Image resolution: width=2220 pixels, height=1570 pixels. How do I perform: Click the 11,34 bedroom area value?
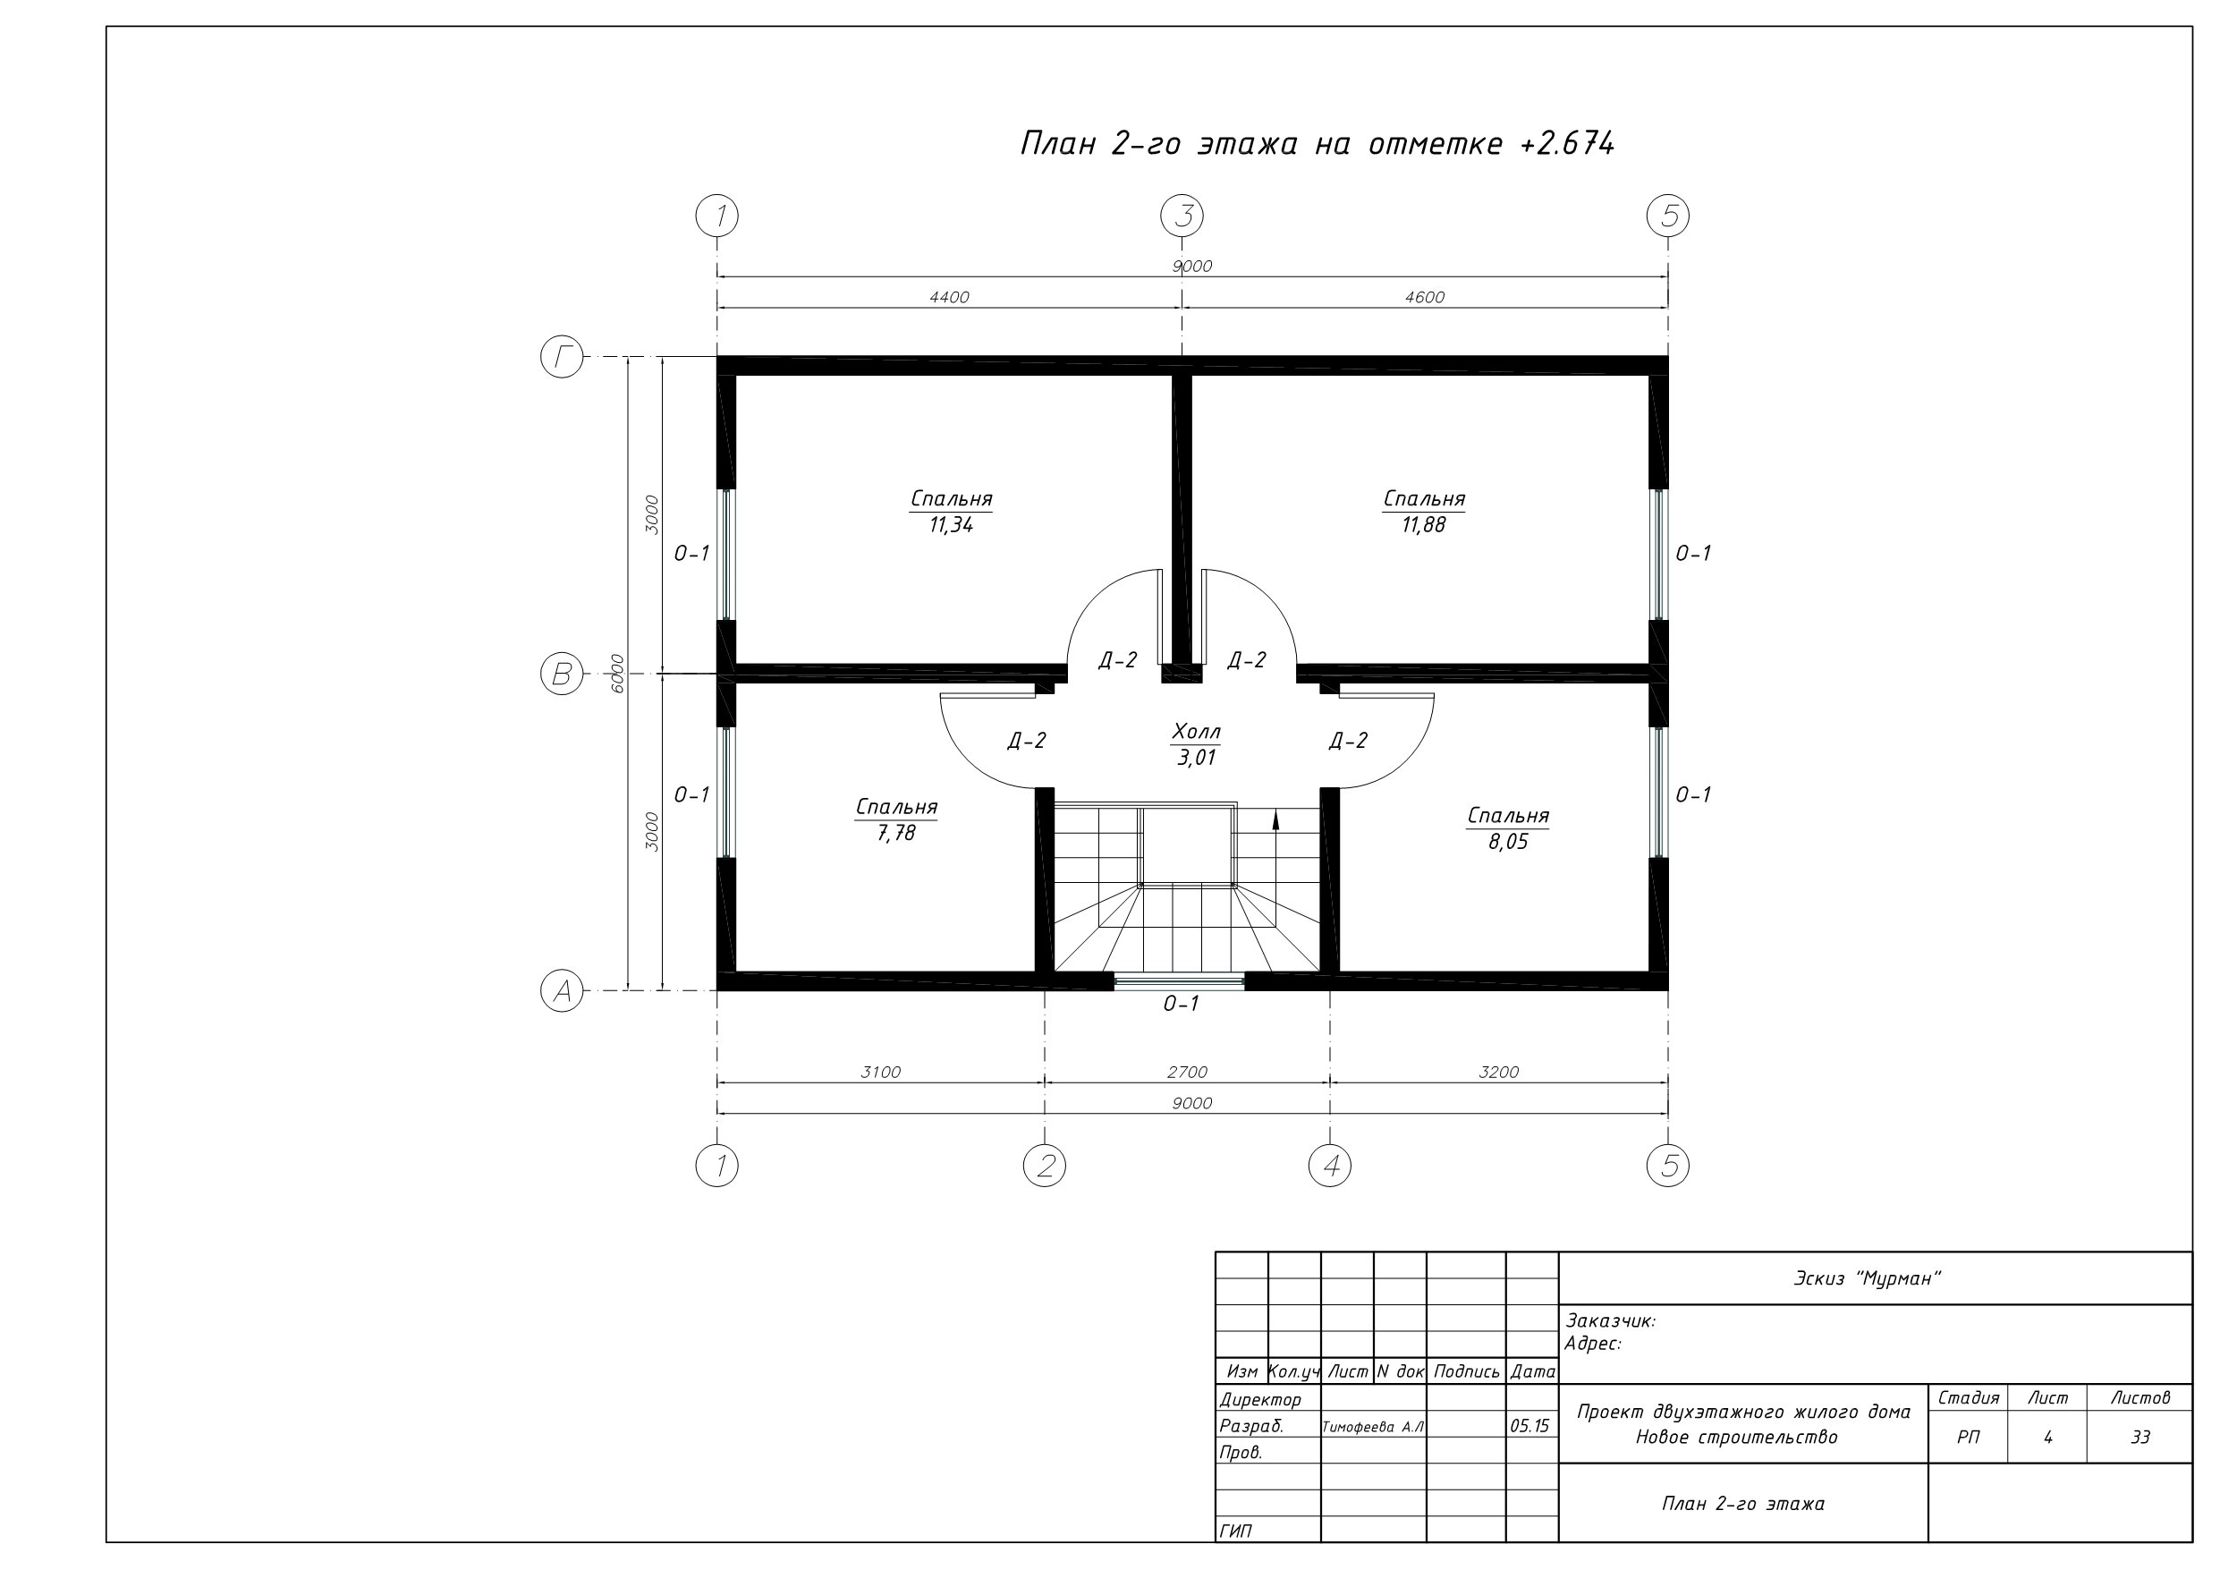(952, 525)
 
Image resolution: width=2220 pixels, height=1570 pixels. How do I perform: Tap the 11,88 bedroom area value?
(1424, 525)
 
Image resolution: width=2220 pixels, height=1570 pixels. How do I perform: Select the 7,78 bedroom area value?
(896, 833)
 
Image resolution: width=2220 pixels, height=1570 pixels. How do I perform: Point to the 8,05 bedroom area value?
(1508, 842)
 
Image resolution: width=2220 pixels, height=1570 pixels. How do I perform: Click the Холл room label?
(1196, 730)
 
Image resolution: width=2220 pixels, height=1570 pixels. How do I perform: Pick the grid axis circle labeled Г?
(562, 357)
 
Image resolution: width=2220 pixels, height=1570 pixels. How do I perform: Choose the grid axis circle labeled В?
(562, 674)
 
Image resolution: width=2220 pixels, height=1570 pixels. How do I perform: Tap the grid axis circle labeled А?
(562, 990)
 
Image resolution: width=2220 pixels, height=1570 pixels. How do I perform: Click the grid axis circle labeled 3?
(1182, 216)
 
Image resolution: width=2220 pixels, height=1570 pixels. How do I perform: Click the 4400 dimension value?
(950, 297)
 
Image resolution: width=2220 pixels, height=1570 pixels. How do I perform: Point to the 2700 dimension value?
(1187, 1072)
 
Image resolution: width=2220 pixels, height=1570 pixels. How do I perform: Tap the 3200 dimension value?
(1499, 1072)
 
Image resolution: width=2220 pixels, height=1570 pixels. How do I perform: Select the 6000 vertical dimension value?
(618, 674)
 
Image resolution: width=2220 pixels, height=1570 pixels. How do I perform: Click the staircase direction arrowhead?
(1275, 820)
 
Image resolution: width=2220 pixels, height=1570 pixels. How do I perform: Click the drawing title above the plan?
(1318, 143)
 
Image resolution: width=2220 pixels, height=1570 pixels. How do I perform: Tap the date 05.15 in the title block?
(1529, 1426)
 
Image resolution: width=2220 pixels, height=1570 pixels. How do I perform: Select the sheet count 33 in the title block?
(2140, 1438)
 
